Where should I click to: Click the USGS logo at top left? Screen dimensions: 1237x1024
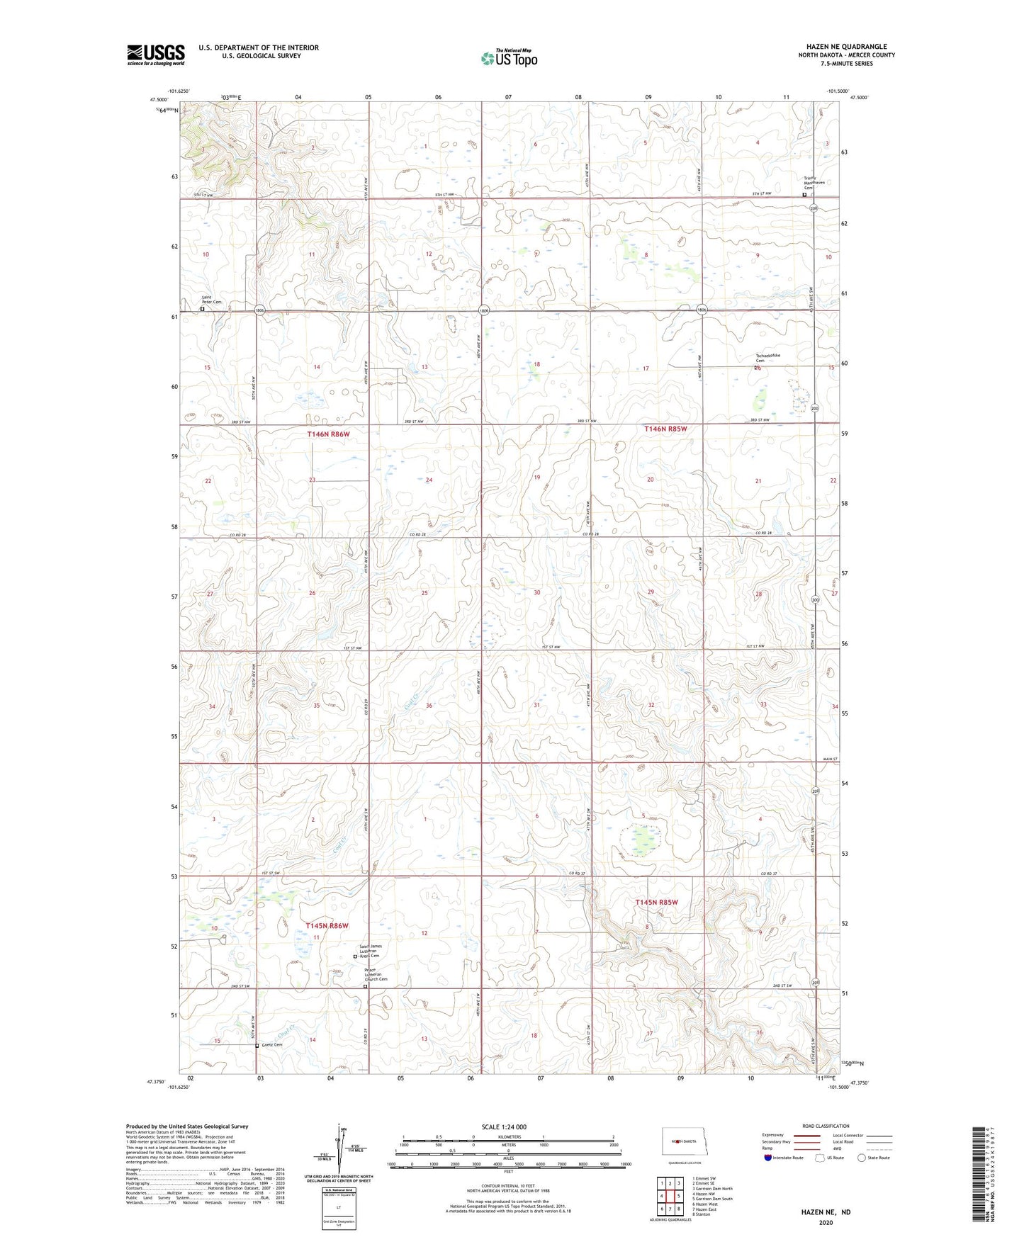pos(155,54)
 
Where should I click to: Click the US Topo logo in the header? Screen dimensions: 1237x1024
pos(509,58)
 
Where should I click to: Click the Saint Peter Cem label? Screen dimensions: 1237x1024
pos(210,300)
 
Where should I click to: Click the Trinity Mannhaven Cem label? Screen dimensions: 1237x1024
pos(814,180)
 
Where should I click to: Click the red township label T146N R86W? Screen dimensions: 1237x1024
pos(329,433)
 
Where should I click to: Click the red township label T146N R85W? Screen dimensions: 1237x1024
pos(665,429)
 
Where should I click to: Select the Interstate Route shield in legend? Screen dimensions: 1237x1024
pos(769,1158)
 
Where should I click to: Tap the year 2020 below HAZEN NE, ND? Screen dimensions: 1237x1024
pos(826,1223)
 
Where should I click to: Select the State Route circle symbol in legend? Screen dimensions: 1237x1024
pos(862,1158)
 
